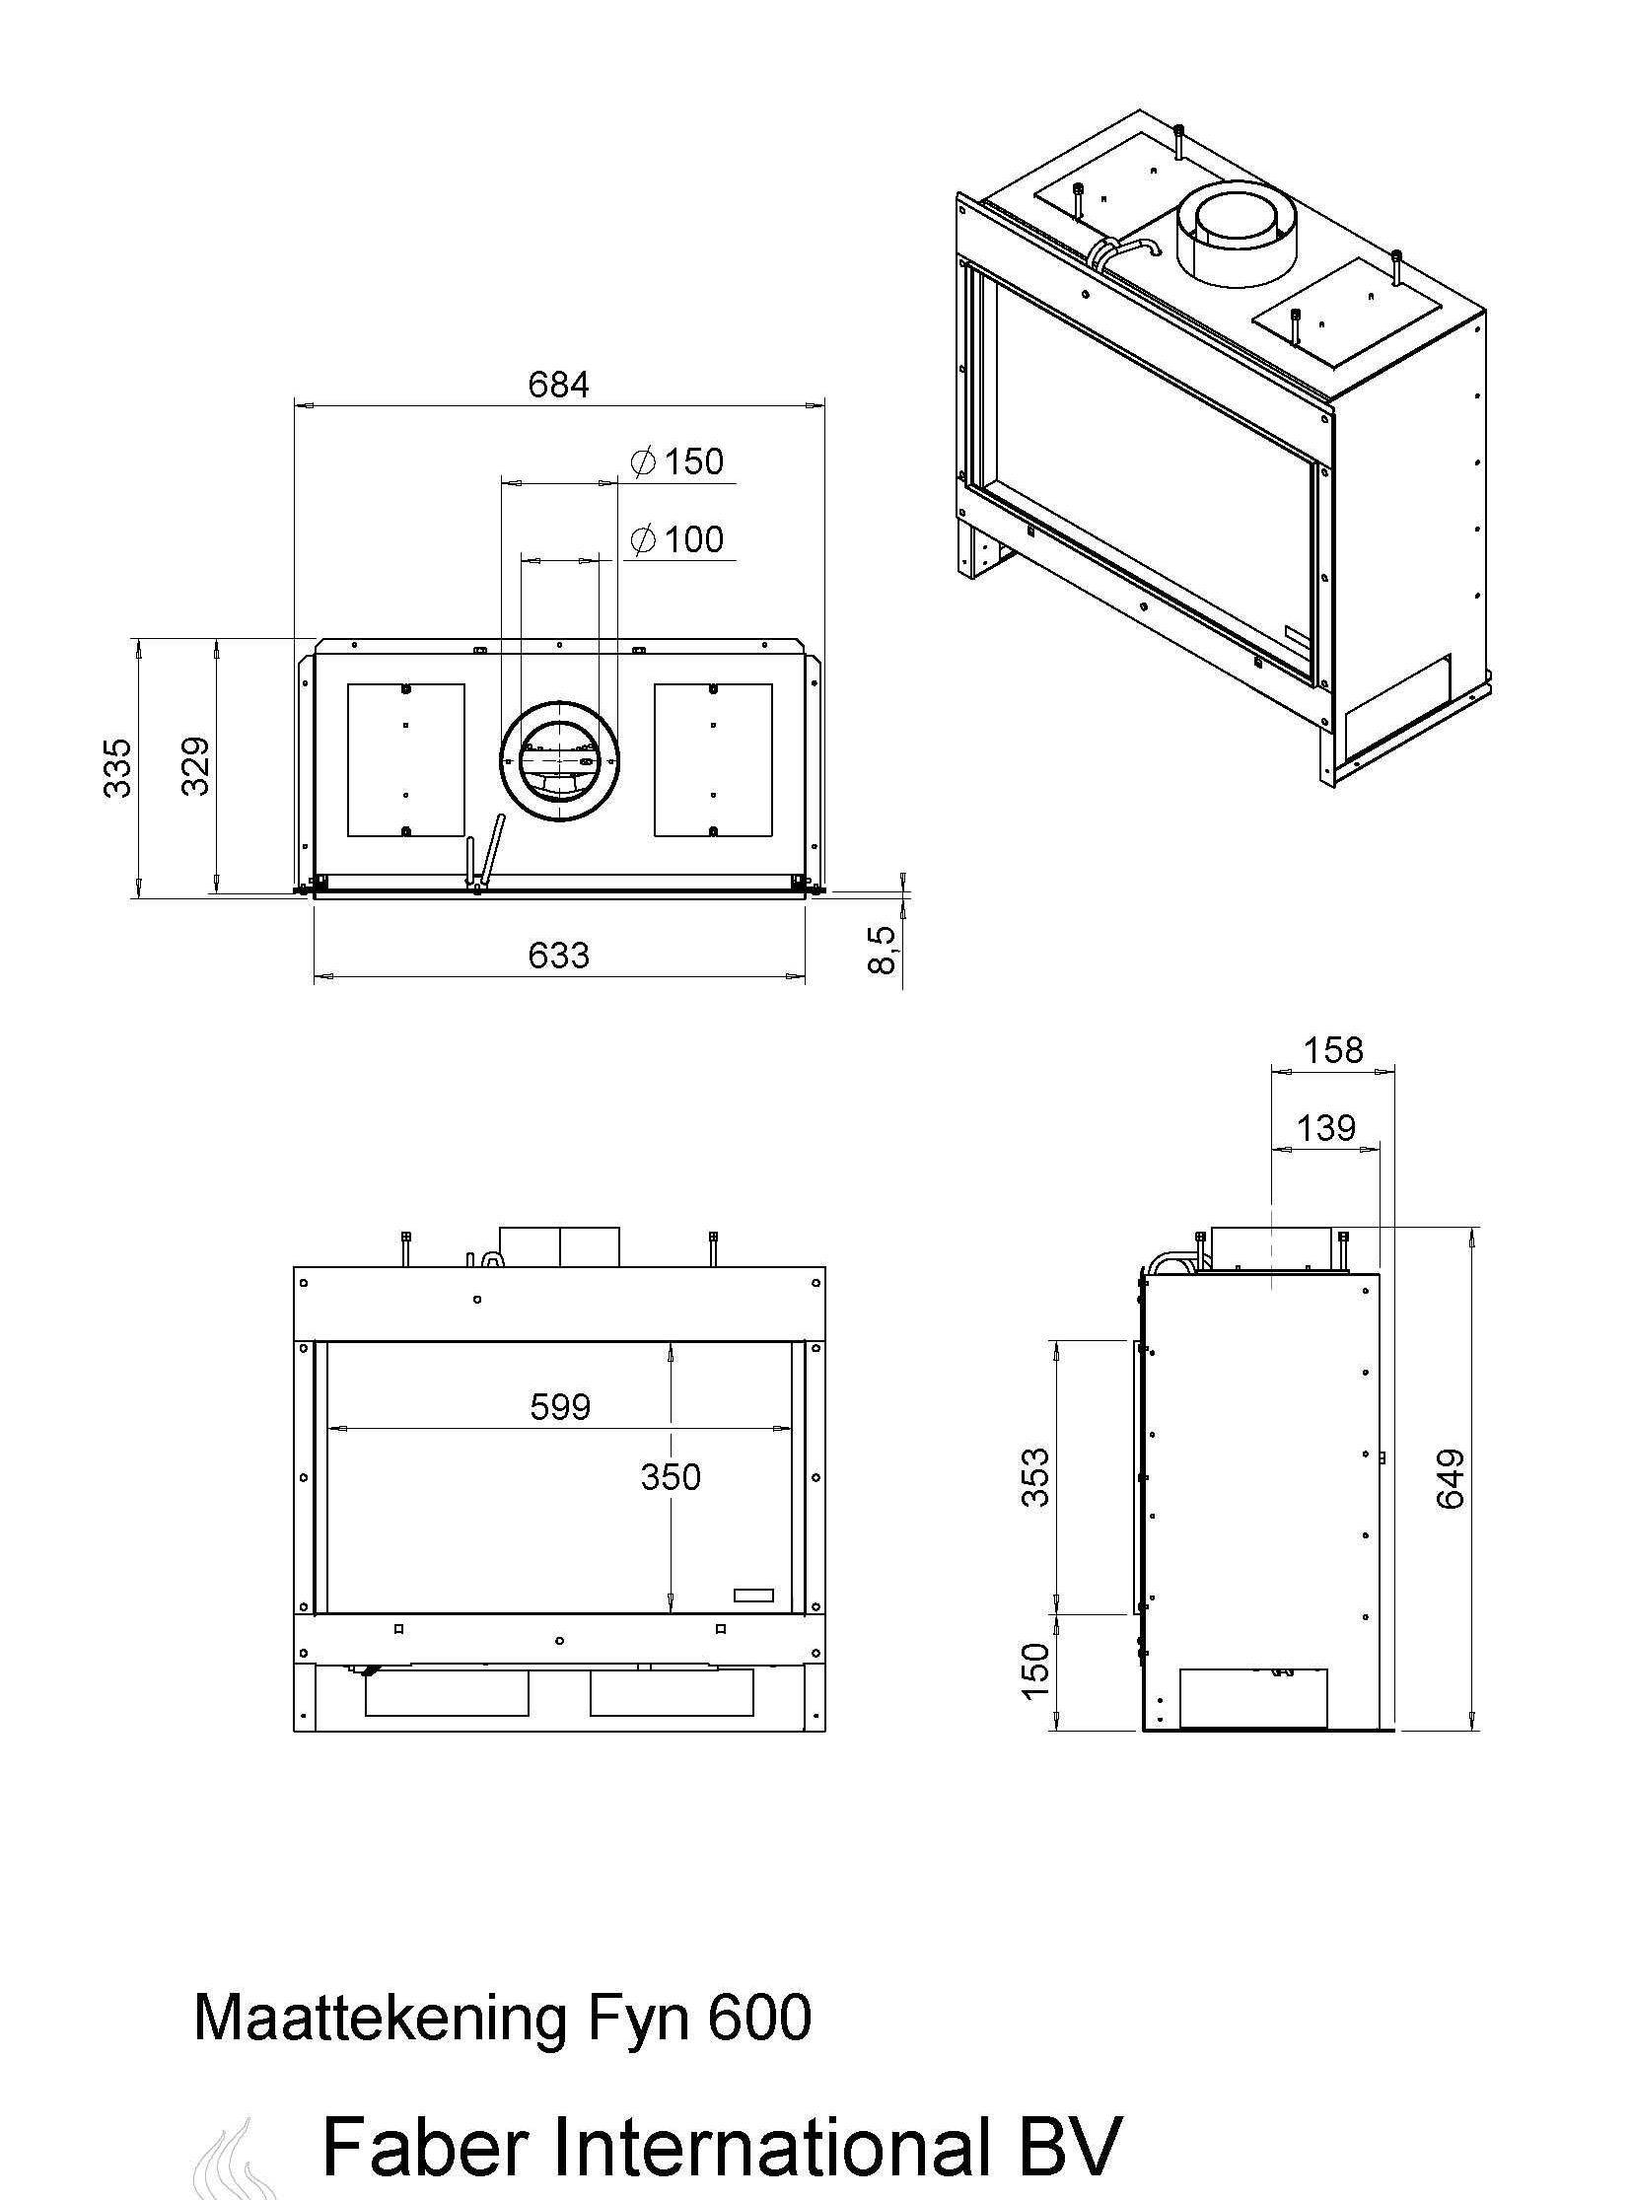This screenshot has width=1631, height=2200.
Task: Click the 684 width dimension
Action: [558, 385]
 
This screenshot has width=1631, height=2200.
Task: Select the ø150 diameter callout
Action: [677, 461]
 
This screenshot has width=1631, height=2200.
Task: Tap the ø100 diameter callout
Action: [677, 539]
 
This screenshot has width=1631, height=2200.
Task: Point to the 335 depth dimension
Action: [118, 766]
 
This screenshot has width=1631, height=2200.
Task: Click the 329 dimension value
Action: [195, 766]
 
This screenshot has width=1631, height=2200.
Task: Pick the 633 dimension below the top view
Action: [559, 955]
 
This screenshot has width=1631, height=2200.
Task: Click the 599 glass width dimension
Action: [560, 1406]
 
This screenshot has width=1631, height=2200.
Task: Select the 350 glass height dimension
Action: [671, 1476]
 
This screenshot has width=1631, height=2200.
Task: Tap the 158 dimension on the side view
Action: [1333, 1049]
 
